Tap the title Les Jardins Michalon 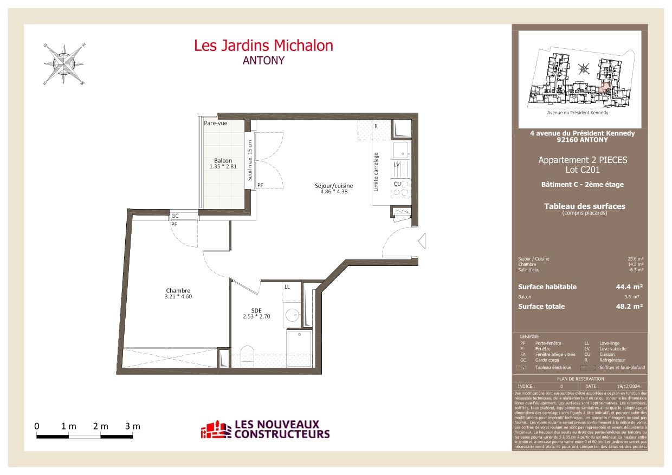(263, 45)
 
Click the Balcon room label (223, 160)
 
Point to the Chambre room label (178, 291)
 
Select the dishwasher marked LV (397, 164)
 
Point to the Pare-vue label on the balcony (215, 123)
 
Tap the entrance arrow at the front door (423, 240)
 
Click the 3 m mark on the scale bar (133, 426)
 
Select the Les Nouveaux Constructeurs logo (265, 430)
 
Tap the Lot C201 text (582, 170)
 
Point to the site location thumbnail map (580, 79)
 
